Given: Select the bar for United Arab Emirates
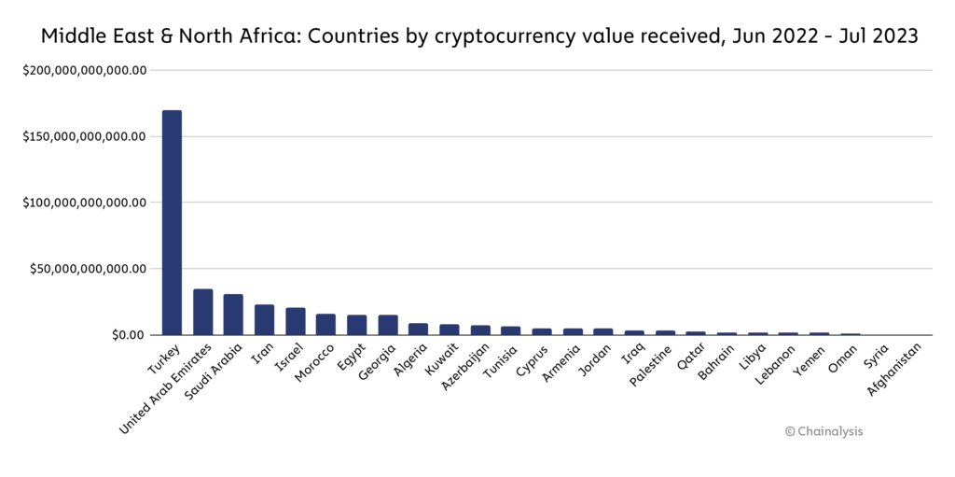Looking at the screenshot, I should (x=202, y=312).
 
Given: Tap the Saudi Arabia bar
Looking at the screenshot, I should (x=233, y=315).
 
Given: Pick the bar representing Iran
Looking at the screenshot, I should (x=264, y=319).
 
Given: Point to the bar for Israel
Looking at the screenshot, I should (x=295, y=321).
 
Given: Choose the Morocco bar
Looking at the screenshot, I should (x=325, y=324).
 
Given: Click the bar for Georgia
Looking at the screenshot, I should (x=387, y=325).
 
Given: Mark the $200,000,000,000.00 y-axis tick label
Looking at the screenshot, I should (x=86, y=70).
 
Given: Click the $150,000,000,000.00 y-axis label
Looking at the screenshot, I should (x=86, y=136).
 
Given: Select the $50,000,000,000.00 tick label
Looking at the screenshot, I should (x=90, y=269).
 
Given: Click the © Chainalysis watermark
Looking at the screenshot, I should (x=824, y=431).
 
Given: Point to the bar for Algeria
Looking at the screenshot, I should (x=418, y=329).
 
